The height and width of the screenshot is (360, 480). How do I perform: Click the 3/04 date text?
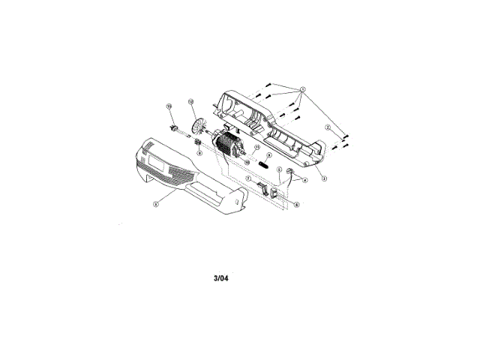pos(220,277)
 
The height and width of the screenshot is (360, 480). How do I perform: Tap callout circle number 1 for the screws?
pos(303,88)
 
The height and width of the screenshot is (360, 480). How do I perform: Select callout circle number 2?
pos(328,127)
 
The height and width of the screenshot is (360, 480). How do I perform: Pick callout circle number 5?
pos(279,170)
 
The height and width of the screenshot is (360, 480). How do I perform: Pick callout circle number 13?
pos(169,106)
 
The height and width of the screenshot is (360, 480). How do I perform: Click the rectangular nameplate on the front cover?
pos(159,159)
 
